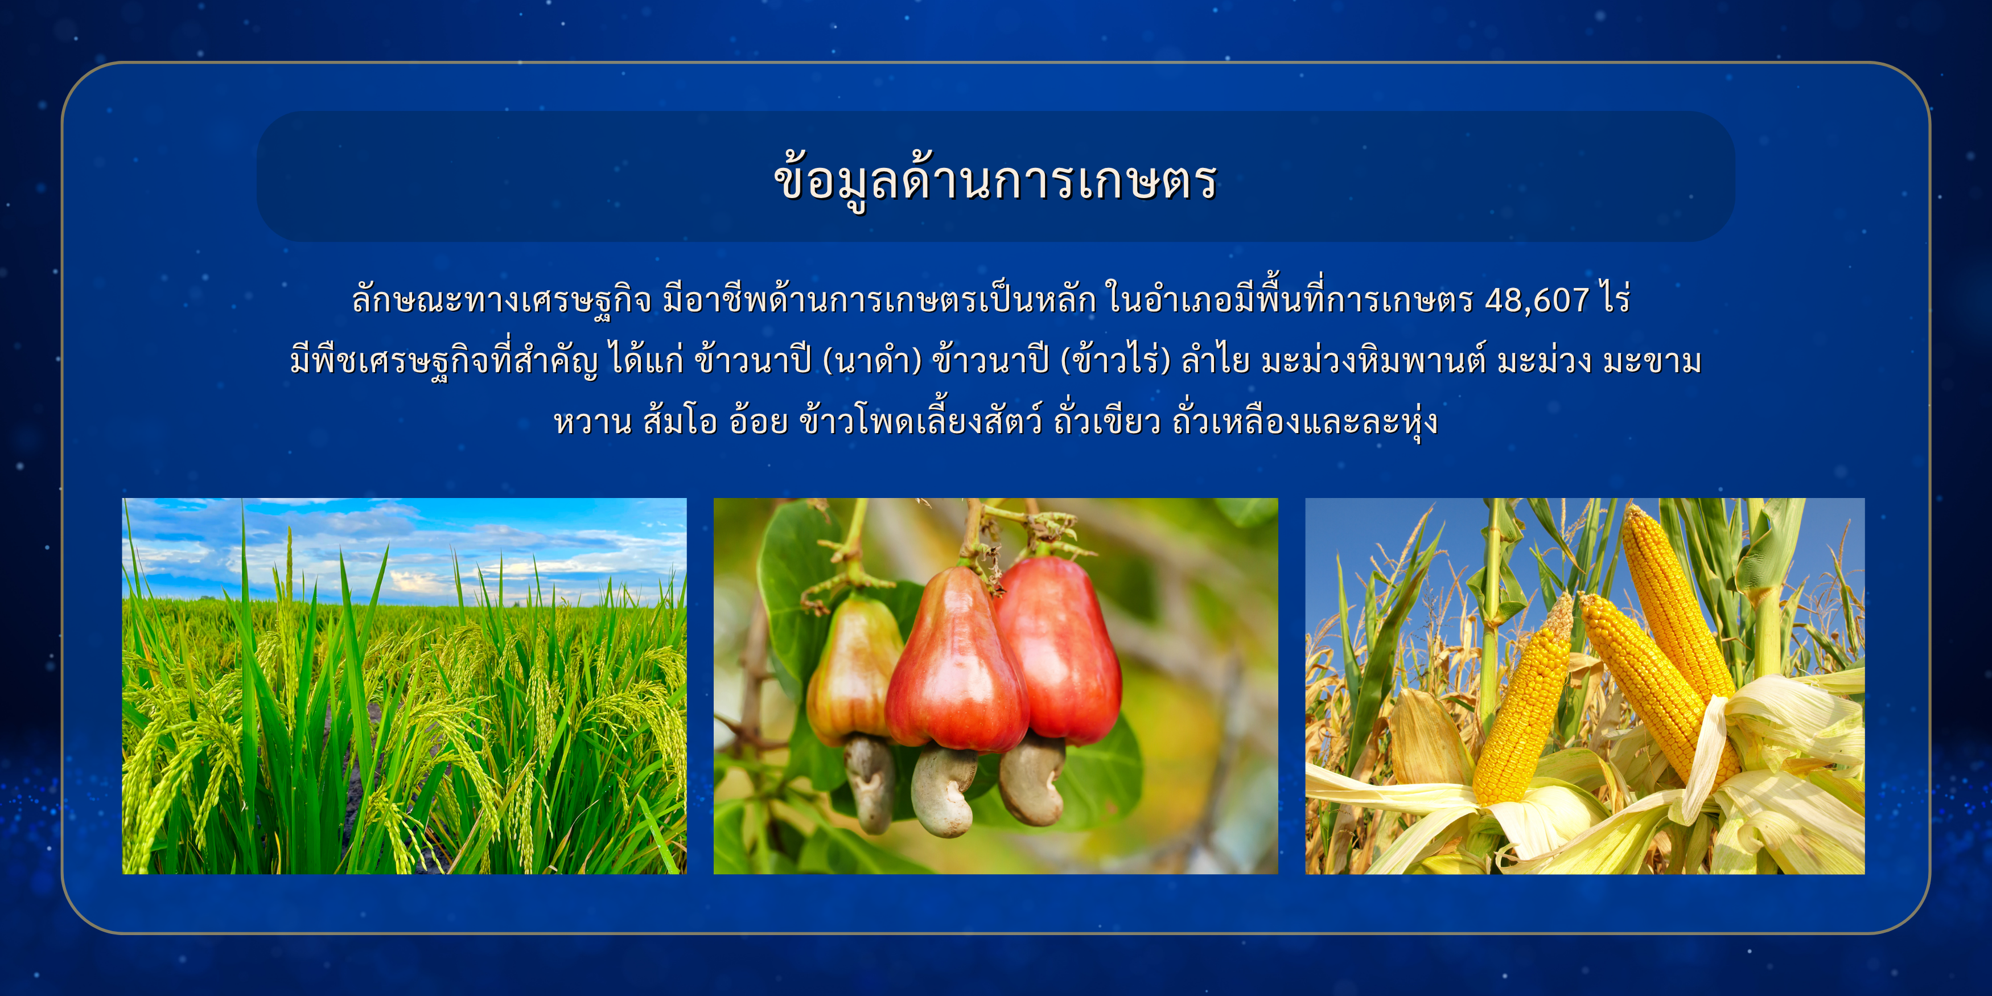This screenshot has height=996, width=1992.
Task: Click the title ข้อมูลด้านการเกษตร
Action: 996,181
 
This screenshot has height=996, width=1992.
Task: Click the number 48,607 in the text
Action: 1536,300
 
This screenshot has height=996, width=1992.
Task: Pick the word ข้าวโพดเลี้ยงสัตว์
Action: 921,421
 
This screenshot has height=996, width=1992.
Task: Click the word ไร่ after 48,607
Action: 1615,298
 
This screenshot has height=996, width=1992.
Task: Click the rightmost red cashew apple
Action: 1059,647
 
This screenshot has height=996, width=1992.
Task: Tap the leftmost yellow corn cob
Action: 1522,701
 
